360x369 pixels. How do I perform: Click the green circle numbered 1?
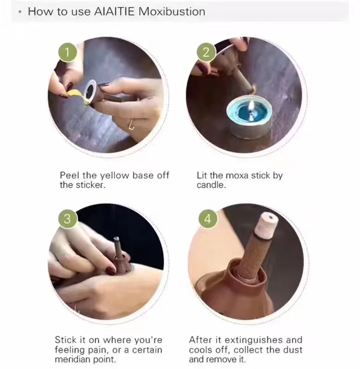(x=67, y=52)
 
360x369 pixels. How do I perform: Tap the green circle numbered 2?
(x=206, y=52)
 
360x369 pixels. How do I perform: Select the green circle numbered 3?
(x=67, y=219)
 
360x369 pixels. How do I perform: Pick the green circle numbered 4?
(x=208, y=219)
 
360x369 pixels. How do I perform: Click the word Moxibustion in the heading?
(x=172, y=12)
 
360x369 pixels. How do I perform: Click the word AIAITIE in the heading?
(x=114, y=12)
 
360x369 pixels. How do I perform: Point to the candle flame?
(x=252, y=105)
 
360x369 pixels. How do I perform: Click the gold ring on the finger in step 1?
(x=131, y=124)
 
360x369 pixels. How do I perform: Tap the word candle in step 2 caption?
(x=211, y=185)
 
